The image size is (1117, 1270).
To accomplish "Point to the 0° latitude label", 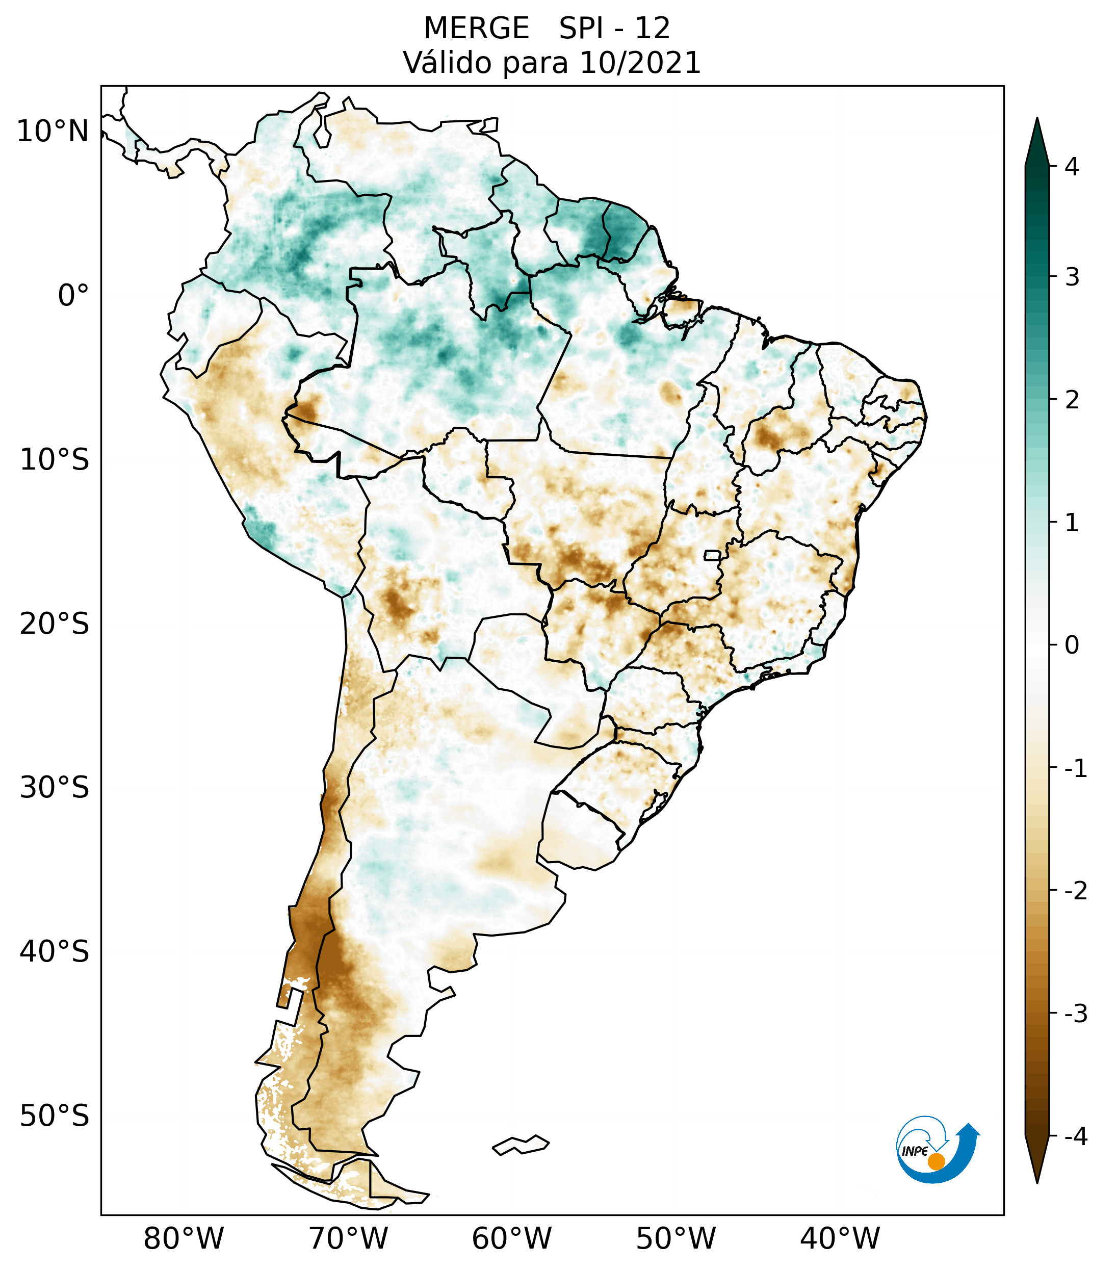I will tap(73, 296).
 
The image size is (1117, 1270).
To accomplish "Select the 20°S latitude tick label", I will tap(55, 624).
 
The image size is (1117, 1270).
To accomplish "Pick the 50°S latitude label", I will tap(55, 1116).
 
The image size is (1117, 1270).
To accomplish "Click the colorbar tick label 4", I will tap(1072, 167).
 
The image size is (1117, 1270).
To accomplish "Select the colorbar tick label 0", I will tap(1072, 645).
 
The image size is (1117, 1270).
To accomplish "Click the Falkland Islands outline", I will tap(521, 1145).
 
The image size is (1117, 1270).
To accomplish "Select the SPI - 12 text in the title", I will tap(614, 29).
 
